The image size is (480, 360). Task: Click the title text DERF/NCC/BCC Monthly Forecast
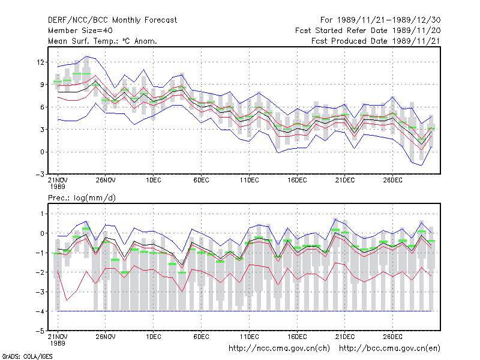point(112,20)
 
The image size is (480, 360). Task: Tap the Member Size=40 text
point(80,31)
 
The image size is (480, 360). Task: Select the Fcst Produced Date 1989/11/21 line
point(376,41)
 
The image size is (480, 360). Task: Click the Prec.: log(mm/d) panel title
point(82,198)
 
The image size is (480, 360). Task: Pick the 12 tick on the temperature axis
point(40,62)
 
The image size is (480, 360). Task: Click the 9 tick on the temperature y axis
point(42,85)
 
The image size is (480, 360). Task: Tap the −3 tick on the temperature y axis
point(40,175)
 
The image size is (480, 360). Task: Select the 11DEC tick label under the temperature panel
point(249,180)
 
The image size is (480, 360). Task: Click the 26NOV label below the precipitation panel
point(106,337)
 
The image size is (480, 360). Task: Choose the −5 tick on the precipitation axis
point(40,331)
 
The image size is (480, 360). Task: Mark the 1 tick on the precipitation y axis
point(43,214)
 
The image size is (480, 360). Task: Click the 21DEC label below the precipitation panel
point(344,337)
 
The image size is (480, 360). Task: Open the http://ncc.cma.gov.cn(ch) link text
point(279,349)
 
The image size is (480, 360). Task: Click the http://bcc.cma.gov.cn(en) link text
point(389,349)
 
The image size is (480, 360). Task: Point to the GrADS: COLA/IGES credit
point(27,356)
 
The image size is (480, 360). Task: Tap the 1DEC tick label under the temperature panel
point(154,180)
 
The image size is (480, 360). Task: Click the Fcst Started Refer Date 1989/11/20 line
point(368,31)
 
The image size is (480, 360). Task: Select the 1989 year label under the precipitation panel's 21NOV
point(58,343)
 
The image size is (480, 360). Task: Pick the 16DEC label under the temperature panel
point(297,180)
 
